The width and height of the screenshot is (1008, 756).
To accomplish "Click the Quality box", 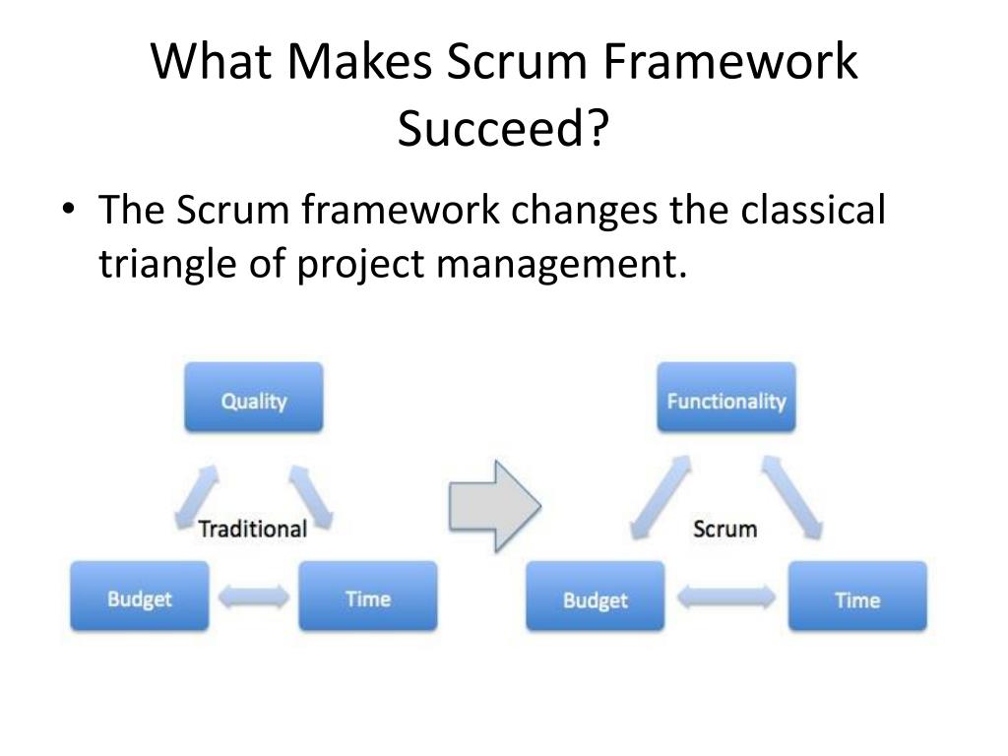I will [x=254, y=399].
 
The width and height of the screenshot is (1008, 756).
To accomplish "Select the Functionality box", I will [x=726, y=399].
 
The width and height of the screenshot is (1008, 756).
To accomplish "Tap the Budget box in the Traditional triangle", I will [x=139, y=597].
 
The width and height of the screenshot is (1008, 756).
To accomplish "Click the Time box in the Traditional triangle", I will [x=367, y=597].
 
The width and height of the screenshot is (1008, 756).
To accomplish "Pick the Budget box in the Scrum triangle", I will [x=595, y=598].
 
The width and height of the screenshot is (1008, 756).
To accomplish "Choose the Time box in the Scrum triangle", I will [x=856, y=598].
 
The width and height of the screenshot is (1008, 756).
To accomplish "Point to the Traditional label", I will [x=253, y=529].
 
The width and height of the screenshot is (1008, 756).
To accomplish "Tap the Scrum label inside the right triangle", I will [x=724, y=529].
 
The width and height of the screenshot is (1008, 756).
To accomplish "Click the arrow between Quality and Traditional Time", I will [x=313, y=497].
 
